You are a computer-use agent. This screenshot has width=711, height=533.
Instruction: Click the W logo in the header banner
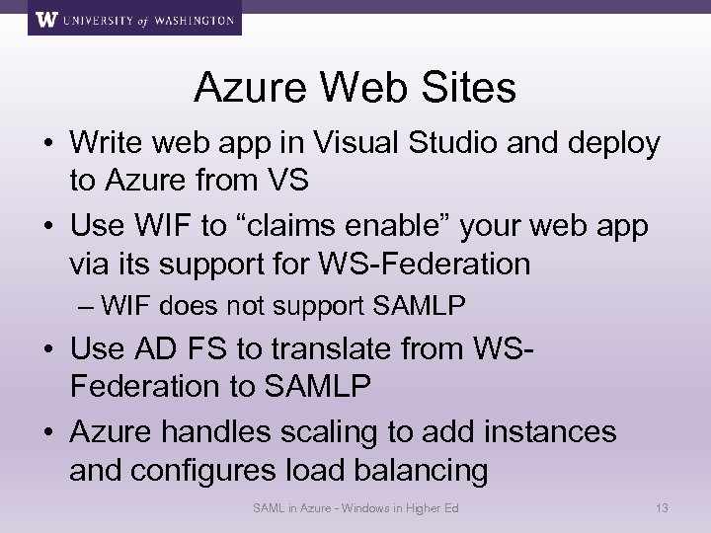point(47,19)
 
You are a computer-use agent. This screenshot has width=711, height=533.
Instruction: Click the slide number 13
point(663,508)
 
